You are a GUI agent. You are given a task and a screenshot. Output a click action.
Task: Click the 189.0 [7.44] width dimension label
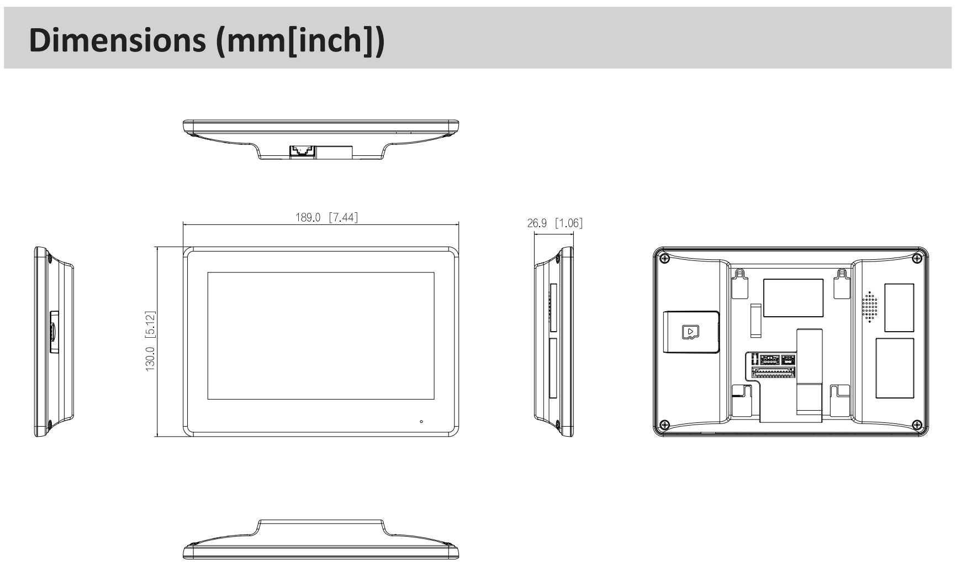pos(326,217)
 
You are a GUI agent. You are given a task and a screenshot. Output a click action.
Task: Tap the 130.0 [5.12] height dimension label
pos(151,341)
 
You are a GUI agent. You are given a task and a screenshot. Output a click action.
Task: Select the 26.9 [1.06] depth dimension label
pos(555,223)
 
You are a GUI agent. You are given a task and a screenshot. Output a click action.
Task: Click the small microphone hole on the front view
pos(421,422)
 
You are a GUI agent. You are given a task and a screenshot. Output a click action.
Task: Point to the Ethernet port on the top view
pos(303,150)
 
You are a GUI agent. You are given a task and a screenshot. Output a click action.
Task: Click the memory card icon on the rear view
pos(691,332)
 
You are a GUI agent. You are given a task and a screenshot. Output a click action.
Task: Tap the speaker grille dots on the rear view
pos(870,307)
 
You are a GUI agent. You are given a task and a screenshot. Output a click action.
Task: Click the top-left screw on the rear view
pos(665,258)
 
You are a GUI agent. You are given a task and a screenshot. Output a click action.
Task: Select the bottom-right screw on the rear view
pos(917,425)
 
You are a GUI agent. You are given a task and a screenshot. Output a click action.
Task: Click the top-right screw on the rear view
pos(917,258)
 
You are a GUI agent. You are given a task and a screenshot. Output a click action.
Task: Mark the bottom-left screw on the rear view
pos(665,425)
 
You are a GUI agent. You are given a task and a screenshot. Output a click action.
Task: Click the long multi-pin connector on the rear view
pos(773,373)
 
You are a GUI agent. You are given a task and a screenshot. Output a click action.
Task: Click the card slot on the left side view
pos(52,332)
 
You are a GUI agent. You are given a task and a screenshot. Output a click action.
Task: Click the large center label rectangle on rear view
pos(793,297)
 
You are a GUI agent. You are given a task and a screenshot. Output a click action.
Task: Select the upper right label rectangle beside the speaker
pos(899,307)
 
